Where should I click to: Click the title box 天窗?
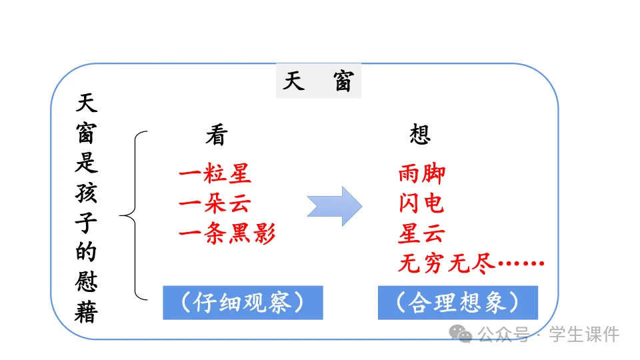click(x=318, y=82)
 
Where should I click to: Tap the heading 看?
click(x=216, y=136)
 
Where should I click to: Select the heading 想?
click(x=420, y=136)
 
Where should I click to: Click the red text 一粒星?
click(x=215, y=175)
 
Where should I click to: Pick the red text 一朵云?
click(x=215, y=204)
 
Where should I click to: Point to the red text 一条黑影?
click(x=227, y=234)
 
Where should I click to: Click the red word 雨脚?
click(x=421, y=175)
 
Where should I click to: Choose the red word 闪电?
click(x=421, y=204)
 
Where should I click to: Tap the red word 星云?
click(x=421, y=234)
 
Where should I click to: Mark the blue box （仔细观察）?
click(x=243, y=303)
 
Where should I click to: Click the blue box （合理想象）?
click(x=457, y=303)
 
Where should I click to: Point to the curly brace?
click(x=133, y=215)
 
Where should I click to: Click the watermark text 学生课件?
click(x=584, y=334)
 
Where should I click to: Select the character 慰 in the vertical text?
click(x=86, y=282)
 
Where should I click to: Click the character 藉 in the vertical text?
click(x=86, y=312)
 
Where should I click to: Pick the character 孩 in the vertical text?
click(x=86, y=192)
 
